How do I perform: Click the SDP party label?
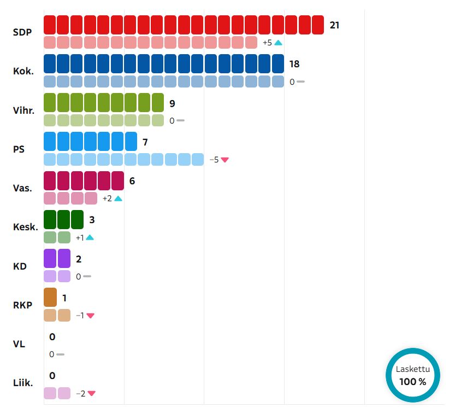pyautogui.click(x=22, y=32)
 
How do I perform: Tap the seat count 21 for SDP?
pyautogui.click(x=334, y=25)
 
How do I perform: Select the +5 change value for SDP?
pyautogui.click(x=267, y=43)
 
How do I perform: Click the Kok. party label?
pyautogui.click(x=23, y=71)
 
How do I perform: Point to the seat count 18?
pyautogui.click(x=294, y=64)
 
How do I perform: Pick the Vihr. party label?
pyautogui.click(x=24, y=110)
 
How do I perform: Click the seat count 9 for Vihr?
pyautogui.click(x=172, y=103)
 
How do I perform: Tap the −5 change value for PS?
pyautogui.click(x=214, y=160)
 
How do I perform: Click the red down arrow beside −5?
pyautogui.click(x=225, y=160)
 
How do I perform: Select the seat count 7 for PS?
pyautogui.click(x=145, y=142)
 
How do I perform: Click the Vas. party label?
pyautogui.click(x=23, y=188)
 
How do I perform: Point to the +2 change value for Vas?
pyautogui.click(x=107, y=199)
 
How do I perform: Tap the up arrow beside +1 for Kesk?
pyautogui.click(x=90, y=237)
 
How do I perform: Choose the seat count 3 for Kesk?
pyautogui.click(x=92, y=220)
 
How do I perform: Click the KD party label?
pyautogui.click(x=20, y=266)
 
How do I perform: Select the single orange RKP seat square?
pyautogui.click(x=50, y=298)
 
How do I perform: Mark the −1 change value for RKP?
pyautogui.click(x=80, y=316)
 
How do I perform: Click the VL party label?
pyautogui.click(x=19, y=344)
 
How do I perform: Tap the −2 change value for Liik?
pyautogui.click(x=80, y=393)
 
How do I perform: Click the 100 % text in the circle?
pyautogui.click(x=412, y=382)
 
